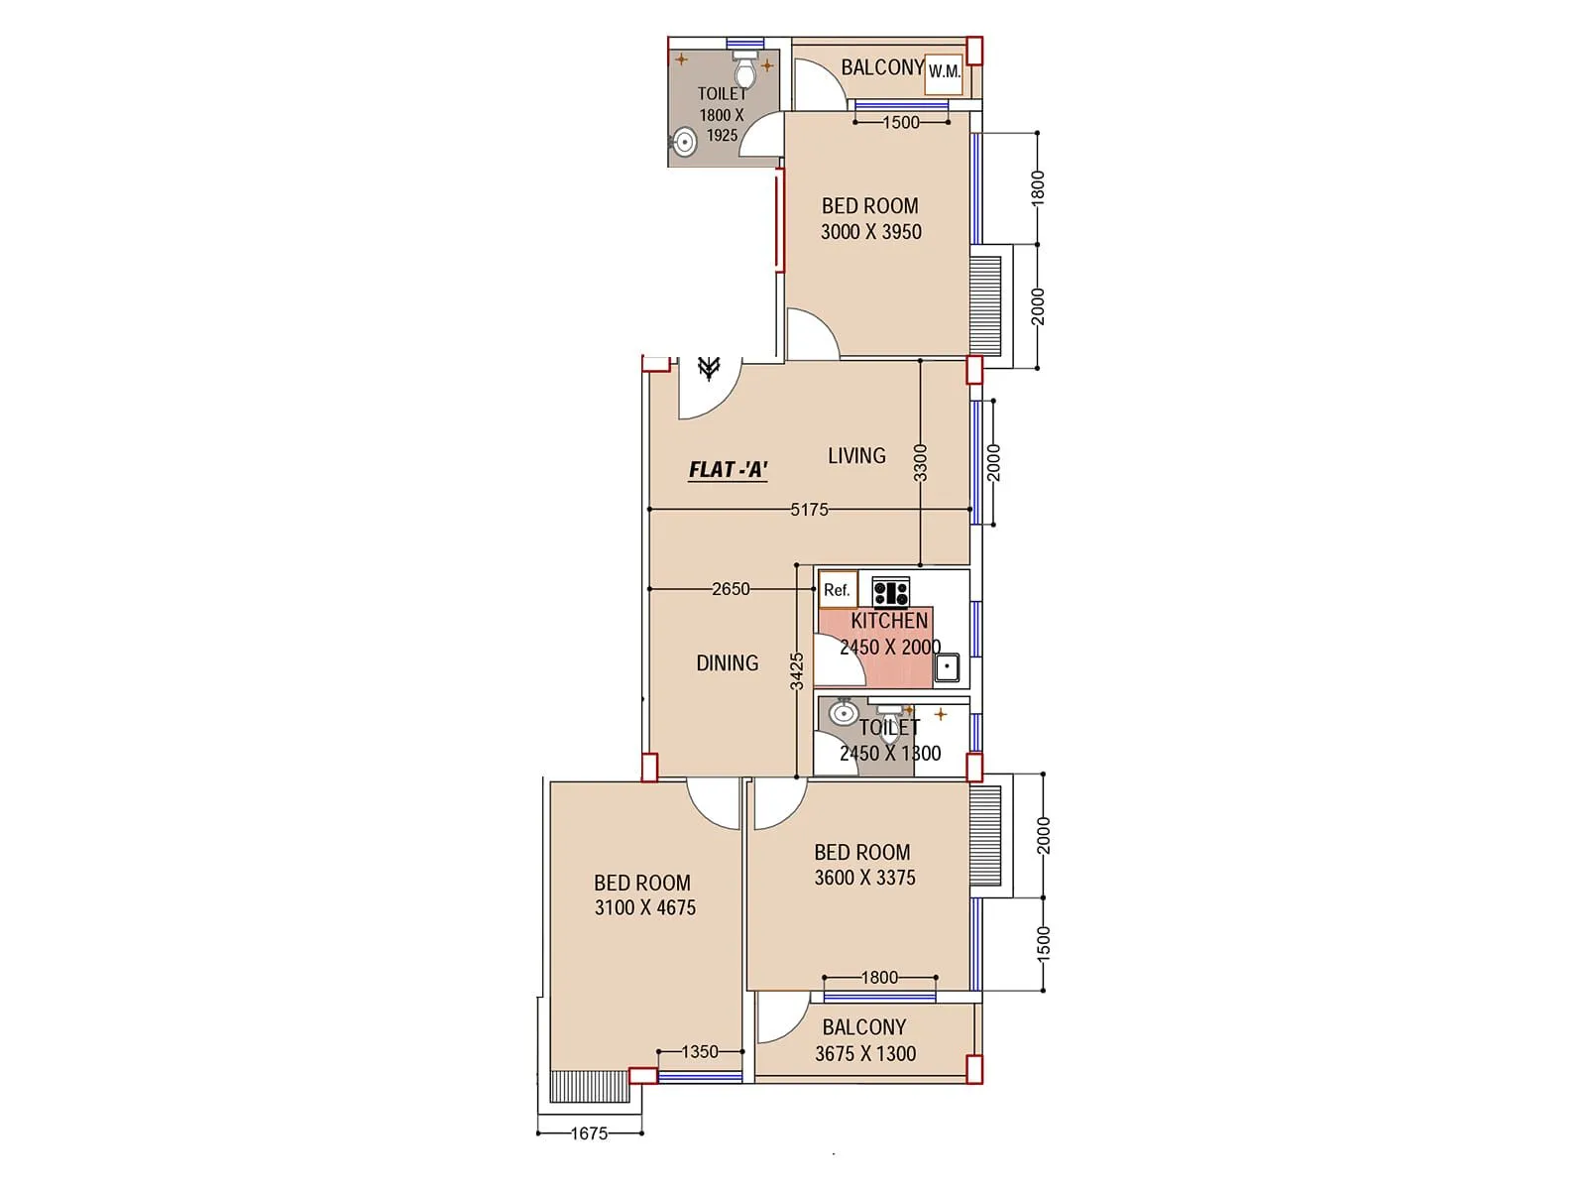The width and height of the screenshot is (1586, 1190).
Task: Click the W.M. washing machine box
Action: [x=944, y=73]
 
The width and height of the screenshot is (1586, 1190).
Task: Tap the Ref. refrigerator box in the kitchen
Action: [x=838, y=590]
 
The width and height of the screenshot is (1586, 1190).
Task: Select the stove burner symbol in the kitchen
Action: [x=890, y=592]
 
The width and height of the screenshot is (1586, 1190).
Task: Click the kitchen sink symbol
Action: [x=947, y=666]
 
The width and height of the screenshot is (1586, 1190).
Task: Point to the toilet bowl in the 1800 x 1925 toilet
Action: [x=745, y=70]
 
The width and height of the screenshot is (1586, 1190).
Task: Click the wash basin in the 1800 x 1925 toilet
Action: [x=683, y=142]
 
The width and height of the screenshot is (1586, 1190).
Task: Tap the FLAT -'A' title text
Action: [x=729, y=470]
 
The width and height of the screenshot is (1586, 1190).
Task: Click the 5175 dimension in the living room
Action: [x=809, y=510]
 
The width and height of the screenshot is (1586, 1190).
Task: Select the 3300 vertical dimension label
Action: [x=921, y=463]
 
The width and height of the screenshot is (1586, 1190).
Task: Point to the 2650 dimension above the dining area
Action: [x=731, y=589]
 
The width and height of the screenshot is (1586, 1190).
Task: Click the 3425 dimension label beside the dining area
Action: [x=797, y=671]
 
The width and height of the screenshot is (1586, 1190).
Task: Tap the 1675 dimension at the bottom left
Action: [x=589, y=1133]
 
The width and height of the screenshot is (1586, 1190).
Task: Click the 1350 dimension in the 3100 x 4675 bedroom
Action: [x=700, y=1052]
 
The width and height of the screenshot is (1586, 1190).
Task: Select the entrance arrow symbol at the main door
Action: [x=708, y=368]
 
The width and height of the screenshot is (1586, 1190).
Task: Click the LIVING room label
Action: [x=856, y=456]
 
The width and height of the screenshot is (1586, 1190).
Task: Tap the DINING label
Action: [x=727, y=663]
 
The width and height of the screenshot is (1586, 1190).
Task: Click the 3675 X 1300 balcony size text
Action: [x=865, y=1054]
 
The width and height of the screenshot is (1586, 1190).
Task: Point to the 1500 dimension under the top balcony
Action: [x=900, y=123]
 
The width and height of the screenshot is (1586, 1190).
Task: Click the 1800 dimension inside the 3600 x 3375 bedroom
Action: [x=879, y=978]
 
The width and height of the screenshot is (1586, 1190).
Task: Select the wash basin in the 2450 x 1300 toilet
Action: [x=845, y=712]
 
